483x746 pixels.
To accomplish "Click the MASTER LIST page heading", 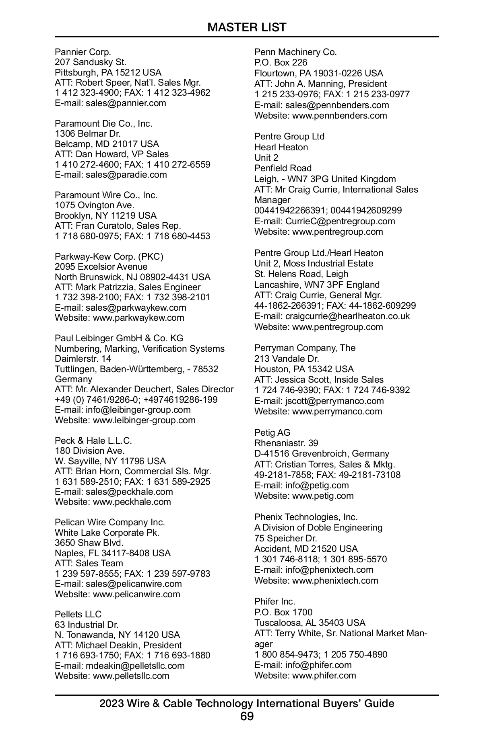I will tap(247, 27).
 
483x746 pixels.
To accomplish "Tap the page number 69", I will tap(247, 716).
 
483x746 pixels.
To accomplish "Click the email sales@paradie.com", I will tap(126, 174).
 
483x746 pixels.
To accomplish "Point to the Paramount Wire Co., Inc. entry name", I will tap(106, 195).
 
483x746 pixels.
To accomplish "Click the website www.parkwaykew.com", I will tap(138, 318).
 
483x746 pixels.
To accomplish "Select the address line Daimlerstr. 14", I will tap(83, 359).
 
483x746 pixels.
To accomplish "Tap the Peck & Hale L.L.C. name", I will tap(93, 441).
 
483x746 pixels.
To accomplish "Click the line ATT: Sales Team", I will tap(89, 563).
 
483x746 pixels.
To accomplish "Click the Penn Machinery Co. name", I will tap(295, 52).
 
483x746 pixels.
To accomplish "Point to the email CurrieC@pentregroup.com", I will tap(340, 221).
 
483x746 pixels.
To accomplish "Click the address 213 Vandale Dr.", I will tap(287, 358).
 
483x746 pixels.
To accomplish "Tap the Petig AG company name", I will tap(272, 432).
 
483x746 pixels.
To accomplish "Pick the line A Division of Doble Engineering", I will tap(318, 527).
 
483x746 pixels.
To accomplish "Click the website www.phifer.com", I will tap(324, 675).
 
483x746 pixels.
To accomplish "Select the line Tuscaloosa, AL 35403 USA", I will tap(310, 623).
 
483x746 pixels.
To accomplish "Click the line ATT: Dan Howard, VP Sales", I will tap(112, 154).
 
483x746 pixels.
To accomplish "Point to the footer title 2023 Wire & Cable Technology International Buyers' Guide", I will tap(247, 703).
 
